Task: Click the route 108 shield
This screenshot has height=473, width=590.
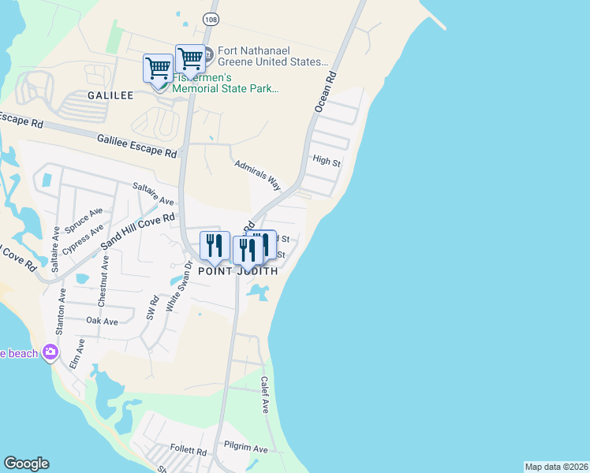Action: coord(210,17)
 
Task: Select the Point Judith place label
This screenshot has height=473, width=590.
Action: coord(237,270)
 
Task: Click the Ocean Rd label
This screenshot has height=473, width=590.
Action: coord(325,91)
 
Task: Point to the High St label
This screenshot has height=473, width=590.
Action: coord(326,162)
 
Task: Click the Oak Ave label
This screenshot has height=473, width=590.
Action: coord(102,321)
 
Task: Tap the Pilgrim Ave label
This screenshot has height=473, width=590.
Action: coord(245,449)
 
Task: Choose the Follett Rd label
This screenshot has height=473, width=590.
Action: coord(191,453)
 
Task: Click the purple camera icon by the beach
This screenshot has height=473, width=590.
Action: coord(51,352)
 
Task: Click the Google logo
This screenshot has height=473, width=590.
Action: coord(26,464)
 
